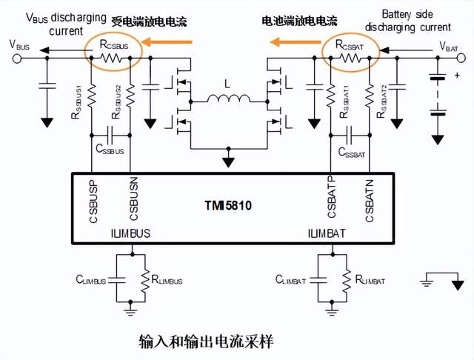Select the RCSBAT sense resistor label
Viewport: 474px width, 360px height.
[x=351, y=44]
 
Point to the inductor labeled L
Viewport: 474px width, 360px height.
[x=229, y=99]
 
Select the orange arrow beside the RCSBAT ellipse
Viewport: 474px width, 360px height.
[x=294, y=42]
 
